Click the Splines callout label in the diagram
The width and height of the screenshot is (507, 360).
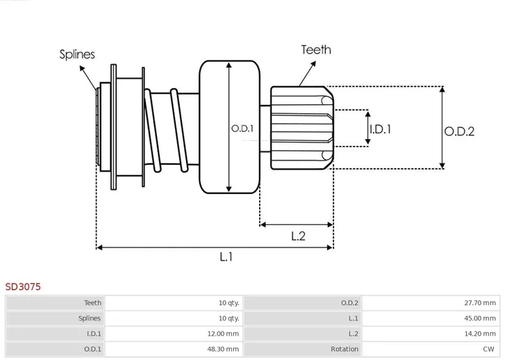click(77, 54)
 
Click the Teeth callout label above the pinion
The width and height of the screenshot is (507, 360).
click(315, 49)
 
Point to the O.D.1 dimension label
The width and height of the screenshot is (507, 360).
click(242, 129)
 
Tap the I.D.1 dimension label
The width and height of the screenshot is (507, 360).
click(380, 129)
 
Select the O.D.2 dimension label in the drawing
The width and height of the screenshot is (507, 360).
click(459, 131)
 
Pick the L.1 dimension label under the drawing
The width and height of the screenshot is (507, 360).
click(226, 257)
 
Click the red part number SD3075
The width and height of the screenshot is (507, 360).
click(22, 286)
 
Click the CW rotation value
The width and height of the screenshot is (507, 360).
click(490, 349)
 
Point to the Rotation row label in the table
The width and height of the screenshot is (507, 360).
click(344, 349)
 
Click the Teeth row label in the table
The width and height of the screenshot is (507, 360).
click(92, 302)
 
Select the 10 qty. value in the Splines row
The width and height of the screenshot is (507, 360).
click(228, 318)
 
